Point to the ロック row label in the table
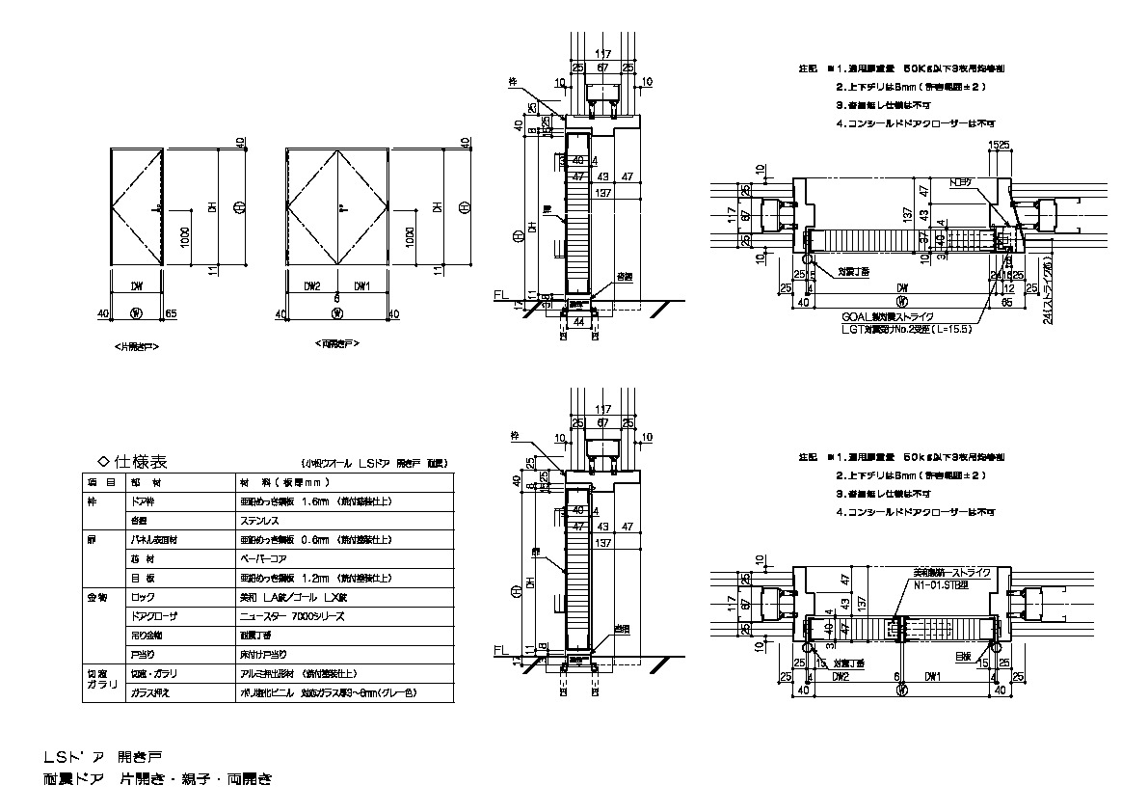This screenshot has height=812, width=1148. click(144, 597)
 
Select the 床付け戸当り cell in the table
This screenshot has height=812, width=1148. click(266, 653)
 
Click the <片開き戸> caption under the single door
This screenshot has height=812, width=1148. click(134, 344)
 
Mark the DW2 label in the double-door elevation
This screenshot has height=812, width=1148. click(312, 285)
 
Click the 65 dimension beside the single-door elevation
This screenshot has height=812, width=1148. click(172, 313)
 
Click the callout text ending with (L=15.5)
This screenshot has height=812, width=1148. click(893, 329)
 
